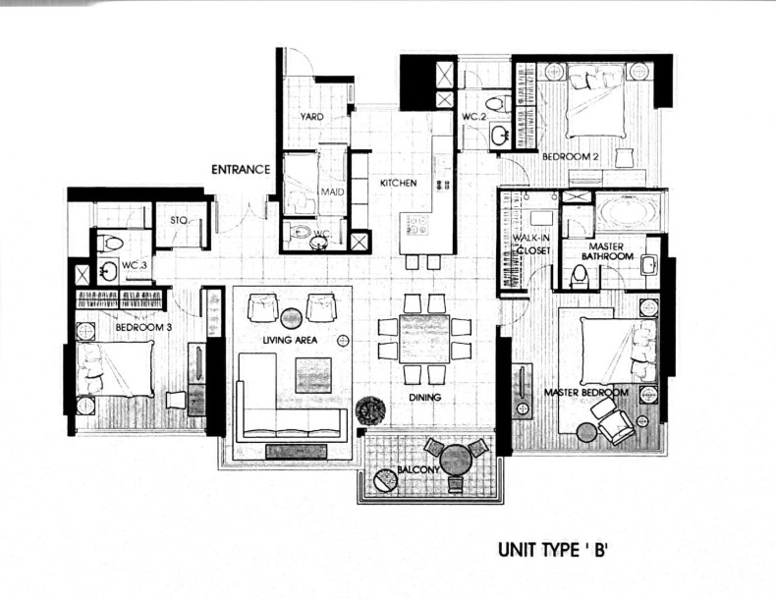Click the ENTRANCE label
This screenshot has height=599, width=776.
point(241,169)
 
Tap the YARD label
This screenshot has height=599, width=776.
point(311,117)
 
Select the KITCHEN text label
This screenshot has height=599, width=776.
point(399,183)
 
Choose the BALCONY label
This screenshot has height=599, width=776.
point(411,472)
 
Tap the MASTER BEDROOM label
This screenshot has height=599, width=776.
point(585,393)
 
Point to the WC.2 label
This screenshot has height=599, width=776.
point(474,118)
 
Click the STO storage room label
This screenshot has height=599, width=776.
point(178,220)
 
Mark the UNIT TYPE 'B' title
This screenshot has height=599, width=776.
point(555,552)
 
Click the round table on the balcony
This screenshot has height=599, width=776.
point(456,460)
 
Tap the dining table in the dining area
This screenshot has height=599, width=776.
point(424,339)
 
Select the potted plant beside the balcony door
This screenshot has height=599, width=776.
point(369,409)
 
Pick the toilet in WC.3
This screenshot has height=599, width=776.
point(111,244)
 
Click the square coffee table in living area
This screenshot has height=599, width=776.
point(313,375)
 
